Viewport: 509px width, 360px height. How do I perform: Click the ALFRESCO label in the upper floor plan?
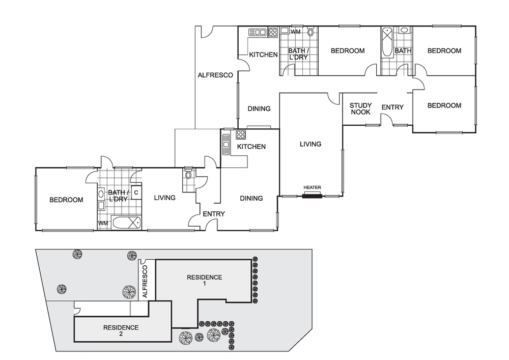(x=215, y=75)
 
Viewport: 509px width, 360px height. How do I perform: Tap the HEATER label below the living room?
(x=312, y=188)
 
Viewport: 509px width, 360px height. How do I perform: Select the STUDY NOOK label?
(x=360, y=109)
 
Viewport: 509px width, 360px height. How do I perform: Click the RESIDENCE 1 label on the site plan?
(x=204, y=280)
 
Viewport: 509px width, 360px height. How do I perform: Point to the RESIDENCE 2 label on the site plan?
(x=121, y=330)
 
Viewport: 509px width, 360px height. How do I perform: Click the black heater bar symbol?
(x=312, y=195)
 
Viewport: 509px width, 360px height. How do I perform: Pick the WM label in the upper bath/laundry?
(x=295, y=32)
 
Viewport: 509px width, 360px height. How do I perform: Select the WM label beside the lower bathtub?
(x=103, y=223)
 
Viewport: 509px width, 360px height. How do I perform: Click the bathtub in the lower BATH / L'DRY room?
(x=126, y=223)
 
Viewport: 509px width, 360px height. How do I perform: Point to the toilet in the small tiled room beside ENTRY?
(x=189, y=175)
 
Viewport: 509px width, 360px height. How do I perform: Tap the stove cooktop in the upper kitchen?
(x=273, y=33)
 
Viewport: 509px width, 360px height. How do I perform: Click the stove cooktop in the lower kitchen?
(x=240, y=135)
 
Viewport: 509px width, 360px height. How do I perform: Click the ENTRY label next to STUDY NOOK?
(x=392, y=107)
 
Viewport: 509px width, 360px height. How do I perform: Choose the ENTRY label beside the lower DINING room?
(x=213, y=214)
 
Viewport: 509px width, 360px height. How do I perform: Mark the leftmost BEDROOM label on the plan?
(x=66, y=200)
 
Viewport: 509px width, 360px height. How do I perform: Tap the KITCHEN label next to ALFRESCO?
(x=263, y=55)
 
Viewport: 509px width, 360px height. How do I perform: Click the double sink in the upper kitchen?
(x=258, y=33)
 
